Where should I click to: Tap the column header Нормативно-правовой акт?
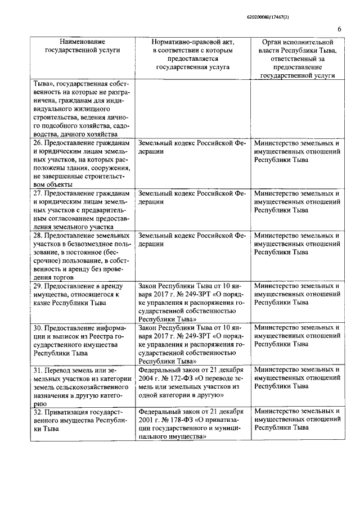[192, 54]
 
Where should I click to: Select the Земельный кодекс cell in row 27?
[192, 197]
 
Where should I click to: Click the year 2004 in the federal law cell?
[147, 378]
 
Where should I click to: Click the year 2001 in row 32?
[147, 420]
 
